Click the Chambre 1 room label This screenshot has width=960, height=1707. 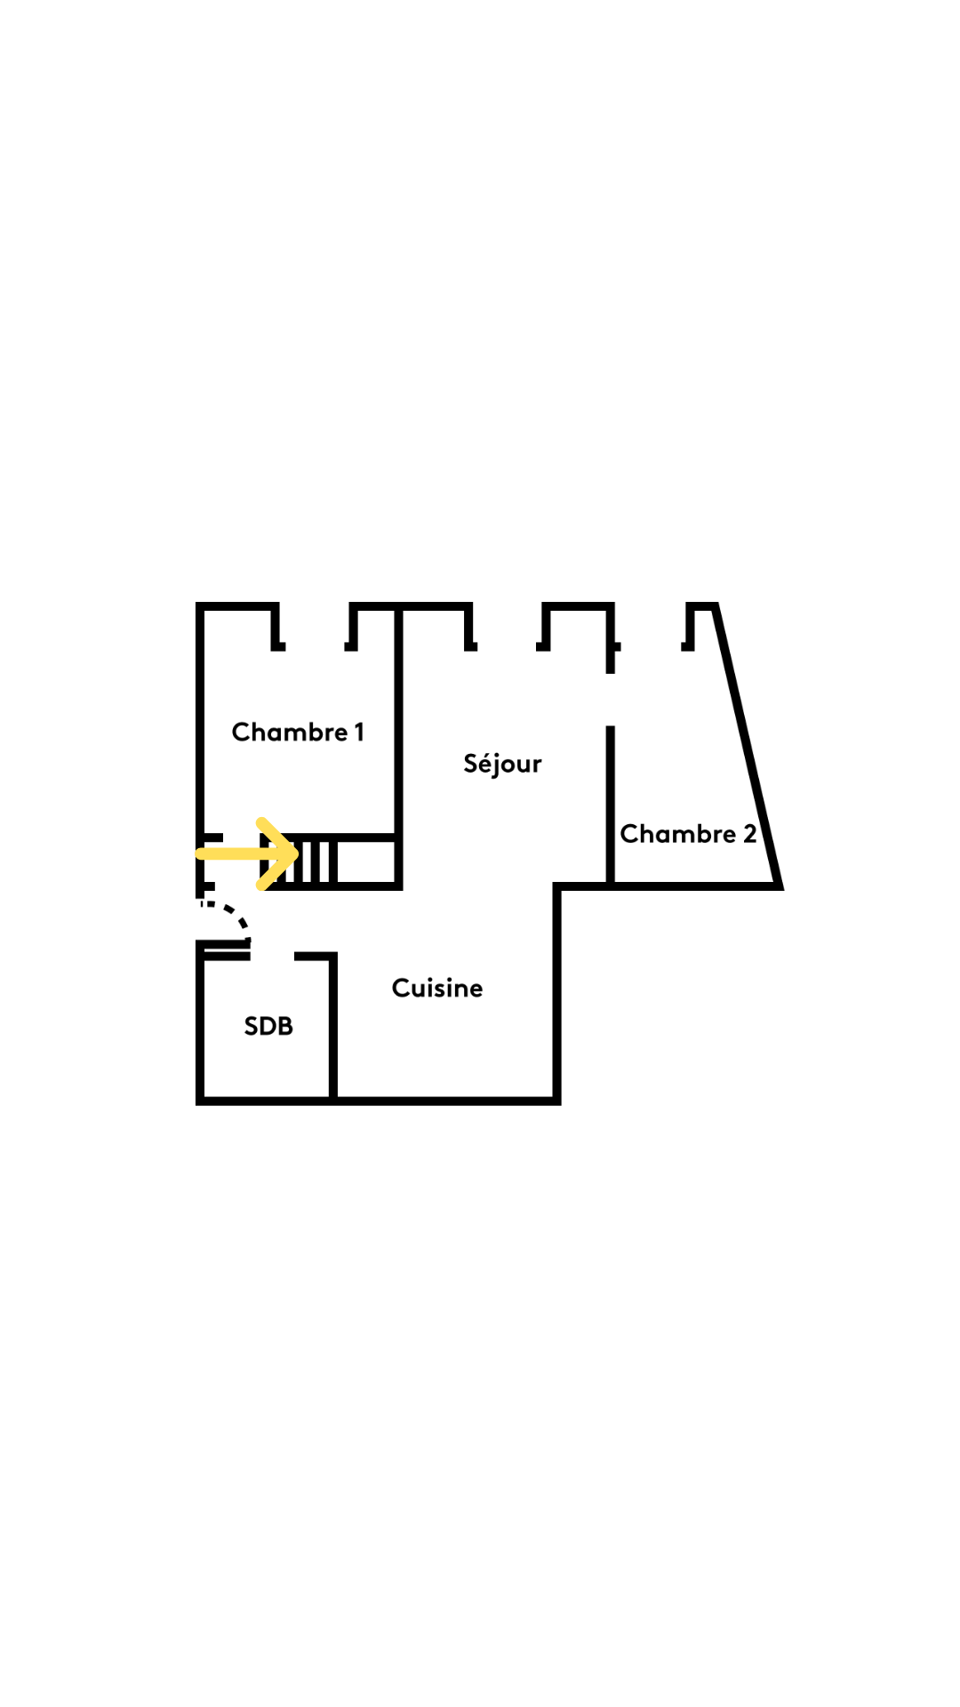click(x=297, y=732)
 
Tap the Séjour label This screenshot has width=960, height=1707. click(x=502, y=764)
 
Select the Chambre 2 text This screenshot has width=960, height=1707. click(x=687, y=834)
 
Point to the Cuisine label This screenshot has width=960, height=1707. click(x=436, y=988)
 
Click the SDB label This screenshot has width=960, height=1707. click(x=268, y=1026)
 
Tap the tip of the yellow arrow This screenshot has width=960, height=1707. click(x=296, y=853)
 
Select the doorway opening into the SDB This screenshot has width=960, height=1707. click(x=272, y=956)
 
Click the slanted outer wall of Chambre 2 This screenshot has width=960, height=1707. click(x=748, y=747)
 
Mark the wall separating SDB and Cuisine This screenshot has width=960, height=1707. click(x=333, y=1027)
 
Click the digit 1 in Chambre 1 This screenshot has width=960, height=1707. click(x=359, y=732)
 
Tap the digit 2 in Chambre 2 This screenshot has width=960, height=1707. click(x=749, y=834)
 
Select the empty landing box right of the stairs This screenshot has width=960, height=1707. click(x=365, y=861)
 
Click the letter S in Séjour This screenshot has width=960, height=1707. click(x=471, y=763)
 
